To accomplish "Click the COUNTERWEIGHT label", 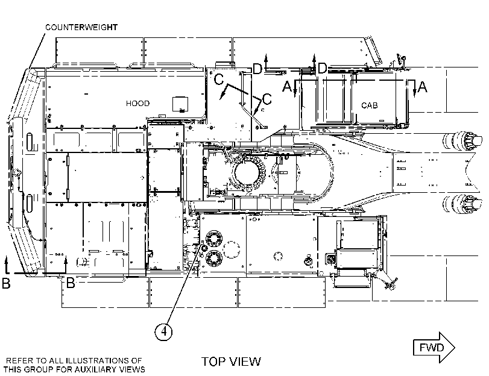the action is [x=81, y=28].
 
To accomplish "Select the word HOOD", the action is [x=137, y=104].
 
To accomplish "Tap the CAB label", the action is [x=369, y=105].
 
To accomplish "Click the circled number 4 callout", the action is [x=164, y=331].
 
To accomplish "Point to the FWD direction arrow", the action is [x=434, y=347].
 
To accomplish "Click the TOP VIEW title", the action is [x=231, y=362].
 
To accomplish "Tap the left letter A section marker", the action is [x=287, y=86].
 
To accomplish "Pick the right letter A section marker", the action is [x=422, y=87].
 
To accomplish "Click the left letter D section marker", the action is [x=257, y=69].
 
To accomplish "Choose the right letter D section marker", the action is [x=322, y=68].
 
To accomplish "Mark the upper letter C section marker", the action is [x=219, y=79].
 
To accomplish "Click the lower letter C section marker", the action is [x=267, y=99].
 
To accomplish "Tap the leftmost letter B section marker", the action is [x=6, y=283].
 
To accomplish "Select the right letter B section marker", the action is [x=71, y=283].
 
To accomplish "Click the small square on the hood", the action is [x=180, y=104].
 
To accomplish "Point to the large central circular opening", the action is [x=247, y=173].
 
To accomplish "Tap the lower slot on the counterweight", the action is [x=30, y=202].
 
